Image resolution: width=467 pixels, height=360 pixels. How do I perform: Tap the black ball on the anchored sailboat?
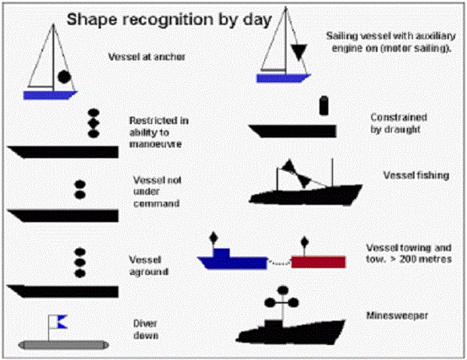(x=64, y=76)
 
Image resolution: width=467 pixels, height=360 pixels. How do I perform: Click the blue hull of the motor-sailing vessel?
(x=282, y=78)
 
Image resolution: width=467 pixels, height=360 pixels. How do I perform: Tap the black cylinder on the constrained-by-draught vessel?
(x=325, y=105)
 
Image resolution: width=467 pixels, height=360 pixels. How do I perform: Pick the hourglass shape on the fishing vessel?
(x=296, y=172)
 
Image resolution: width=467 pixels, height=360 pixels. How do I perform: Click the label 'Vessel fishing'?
(x=416, y=175)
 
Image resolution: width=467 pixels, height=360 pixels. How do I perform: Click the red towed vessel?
(x=319, y=262)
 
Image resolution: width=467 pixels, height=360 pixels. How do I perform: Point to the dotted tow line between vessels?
(x=279, y=263)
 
